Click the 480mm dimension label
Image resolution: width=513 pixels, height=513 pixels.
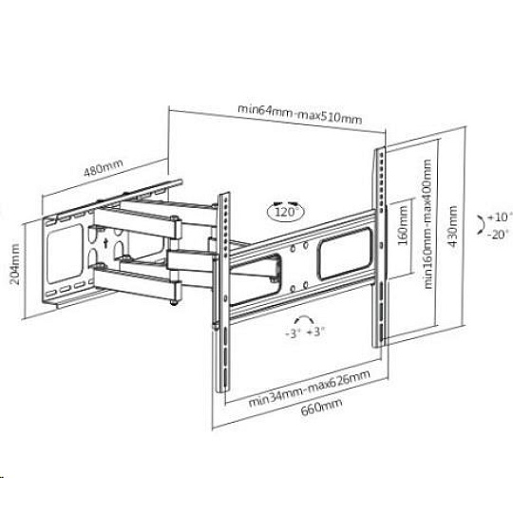[x=104, y=167]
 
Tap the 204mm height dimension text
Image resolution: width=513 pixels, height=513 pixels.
[x=14, y=264]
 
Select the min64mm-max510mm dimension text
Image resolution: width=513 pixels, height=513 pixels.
[x=299, y=114]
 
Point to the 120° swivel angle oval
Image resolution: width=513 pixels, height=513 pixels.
[x=286, y=212]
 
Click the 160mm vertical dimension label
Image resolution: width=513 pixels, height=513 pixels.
[x=403, y=225]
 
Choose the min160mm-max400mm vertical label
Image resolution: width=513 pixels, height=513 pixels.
[x=427, y=224]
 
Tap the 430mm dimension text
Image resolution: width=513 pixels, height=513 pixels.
[x=452, y=226]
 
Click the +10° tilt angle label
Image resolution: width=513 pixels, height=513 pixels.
[x=499, y=218]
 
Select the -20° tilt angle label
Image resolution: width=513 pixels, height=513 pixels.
[x=499, y=235]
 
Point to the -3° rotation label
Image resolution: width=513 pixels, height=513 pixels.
[x=294, y=333]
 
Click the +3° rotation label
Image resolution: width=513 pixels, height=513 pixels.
[x=315, y=332]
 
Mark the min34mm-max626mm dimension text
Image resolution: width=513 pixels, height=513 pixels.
[x=309, y=389]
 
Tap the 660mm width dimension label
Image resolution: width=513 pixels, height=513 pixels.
[x=321, y=407]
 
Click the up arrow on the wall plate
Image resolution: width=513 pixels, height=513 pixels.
[x=105, y=243]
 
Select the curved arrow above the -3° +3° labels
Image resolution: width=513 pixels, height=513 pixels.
[x=304, y=318]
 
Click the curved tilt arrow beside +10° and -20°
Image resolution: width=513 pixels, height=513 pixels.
[x=483, y=225]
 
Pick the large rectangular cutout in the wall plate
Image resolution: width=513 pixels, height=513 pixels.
[x=65, y=254]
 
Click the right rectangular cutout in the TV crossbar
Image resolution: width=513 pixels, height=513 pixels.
[x=345, y=255]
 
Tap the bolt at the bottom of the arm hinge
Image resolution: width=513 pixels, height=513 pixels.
[x=174, y=302]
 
